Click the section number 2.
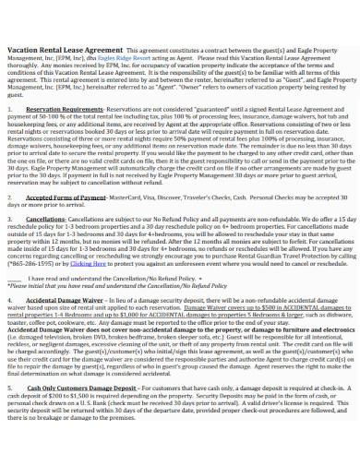click(9, 221)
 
